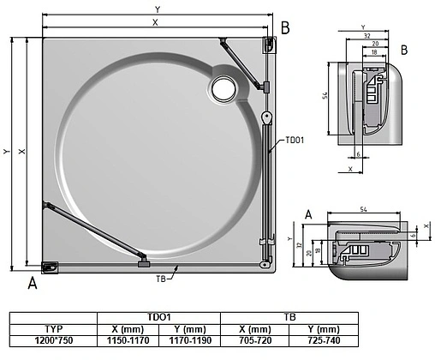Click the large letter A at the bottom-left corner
[x=33, y=281]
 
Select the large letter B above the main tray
[x=286, y=28]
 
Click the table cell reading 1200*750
[x=53, y=340]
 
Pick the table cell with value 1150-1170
[x=128, y=340]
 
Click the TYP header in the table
[x=53, y=328]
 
